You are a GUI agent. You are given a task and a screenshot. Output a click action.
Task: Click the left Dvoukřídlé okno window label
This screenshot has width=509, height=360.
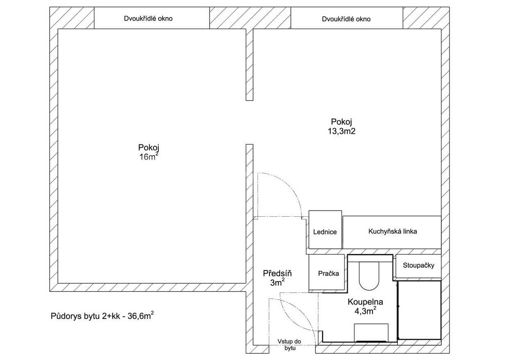148,18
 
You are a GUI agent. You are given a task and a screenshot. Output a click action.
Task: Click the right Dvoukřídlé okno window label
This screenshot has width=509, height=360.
346,19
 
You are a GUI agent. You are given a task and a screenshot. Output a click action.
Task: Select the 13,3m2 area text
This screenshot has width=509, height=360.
341,131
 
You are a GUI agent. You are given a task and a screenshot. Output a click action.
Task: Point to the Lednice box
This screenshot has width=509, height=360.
325,232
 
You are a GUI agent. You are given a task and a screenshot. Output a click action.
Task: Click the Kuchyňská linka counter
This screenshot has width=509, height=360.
393,232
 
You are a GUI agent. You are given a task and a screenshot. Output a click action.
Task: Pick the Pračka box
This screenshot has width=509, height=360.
329,273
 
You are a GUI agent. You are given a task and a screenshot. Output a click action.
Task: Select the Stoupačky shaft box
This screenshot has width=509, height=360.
418,265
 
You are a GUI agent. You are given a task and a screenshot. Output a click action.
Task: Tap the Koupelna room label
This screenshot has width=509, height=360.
365,302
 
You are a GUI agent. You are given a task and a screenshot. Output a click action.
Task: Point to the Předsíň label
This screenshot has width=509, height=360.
277,273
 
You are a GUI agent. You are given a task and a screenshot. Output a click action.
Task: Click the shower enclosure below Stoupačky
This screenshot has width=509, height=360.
419,310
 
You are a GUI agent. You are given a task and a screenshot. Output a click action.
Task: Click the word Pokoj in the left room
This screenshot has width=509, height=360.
148,148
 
